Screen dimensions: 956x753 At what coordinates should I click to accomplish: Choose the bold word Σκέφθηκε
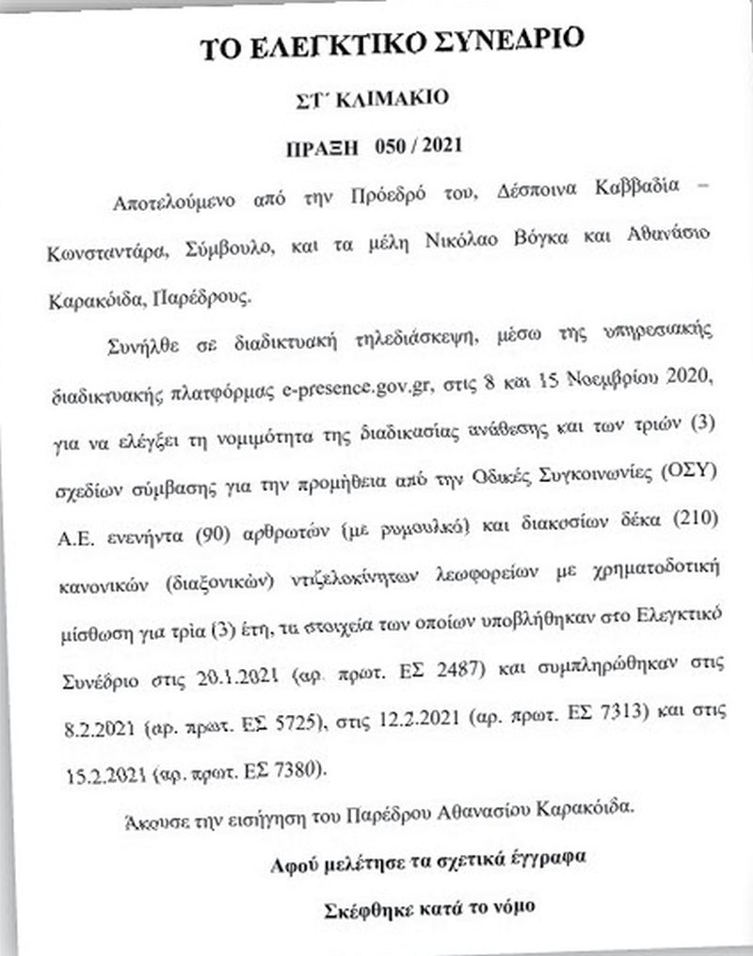[x=361, y=909]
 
